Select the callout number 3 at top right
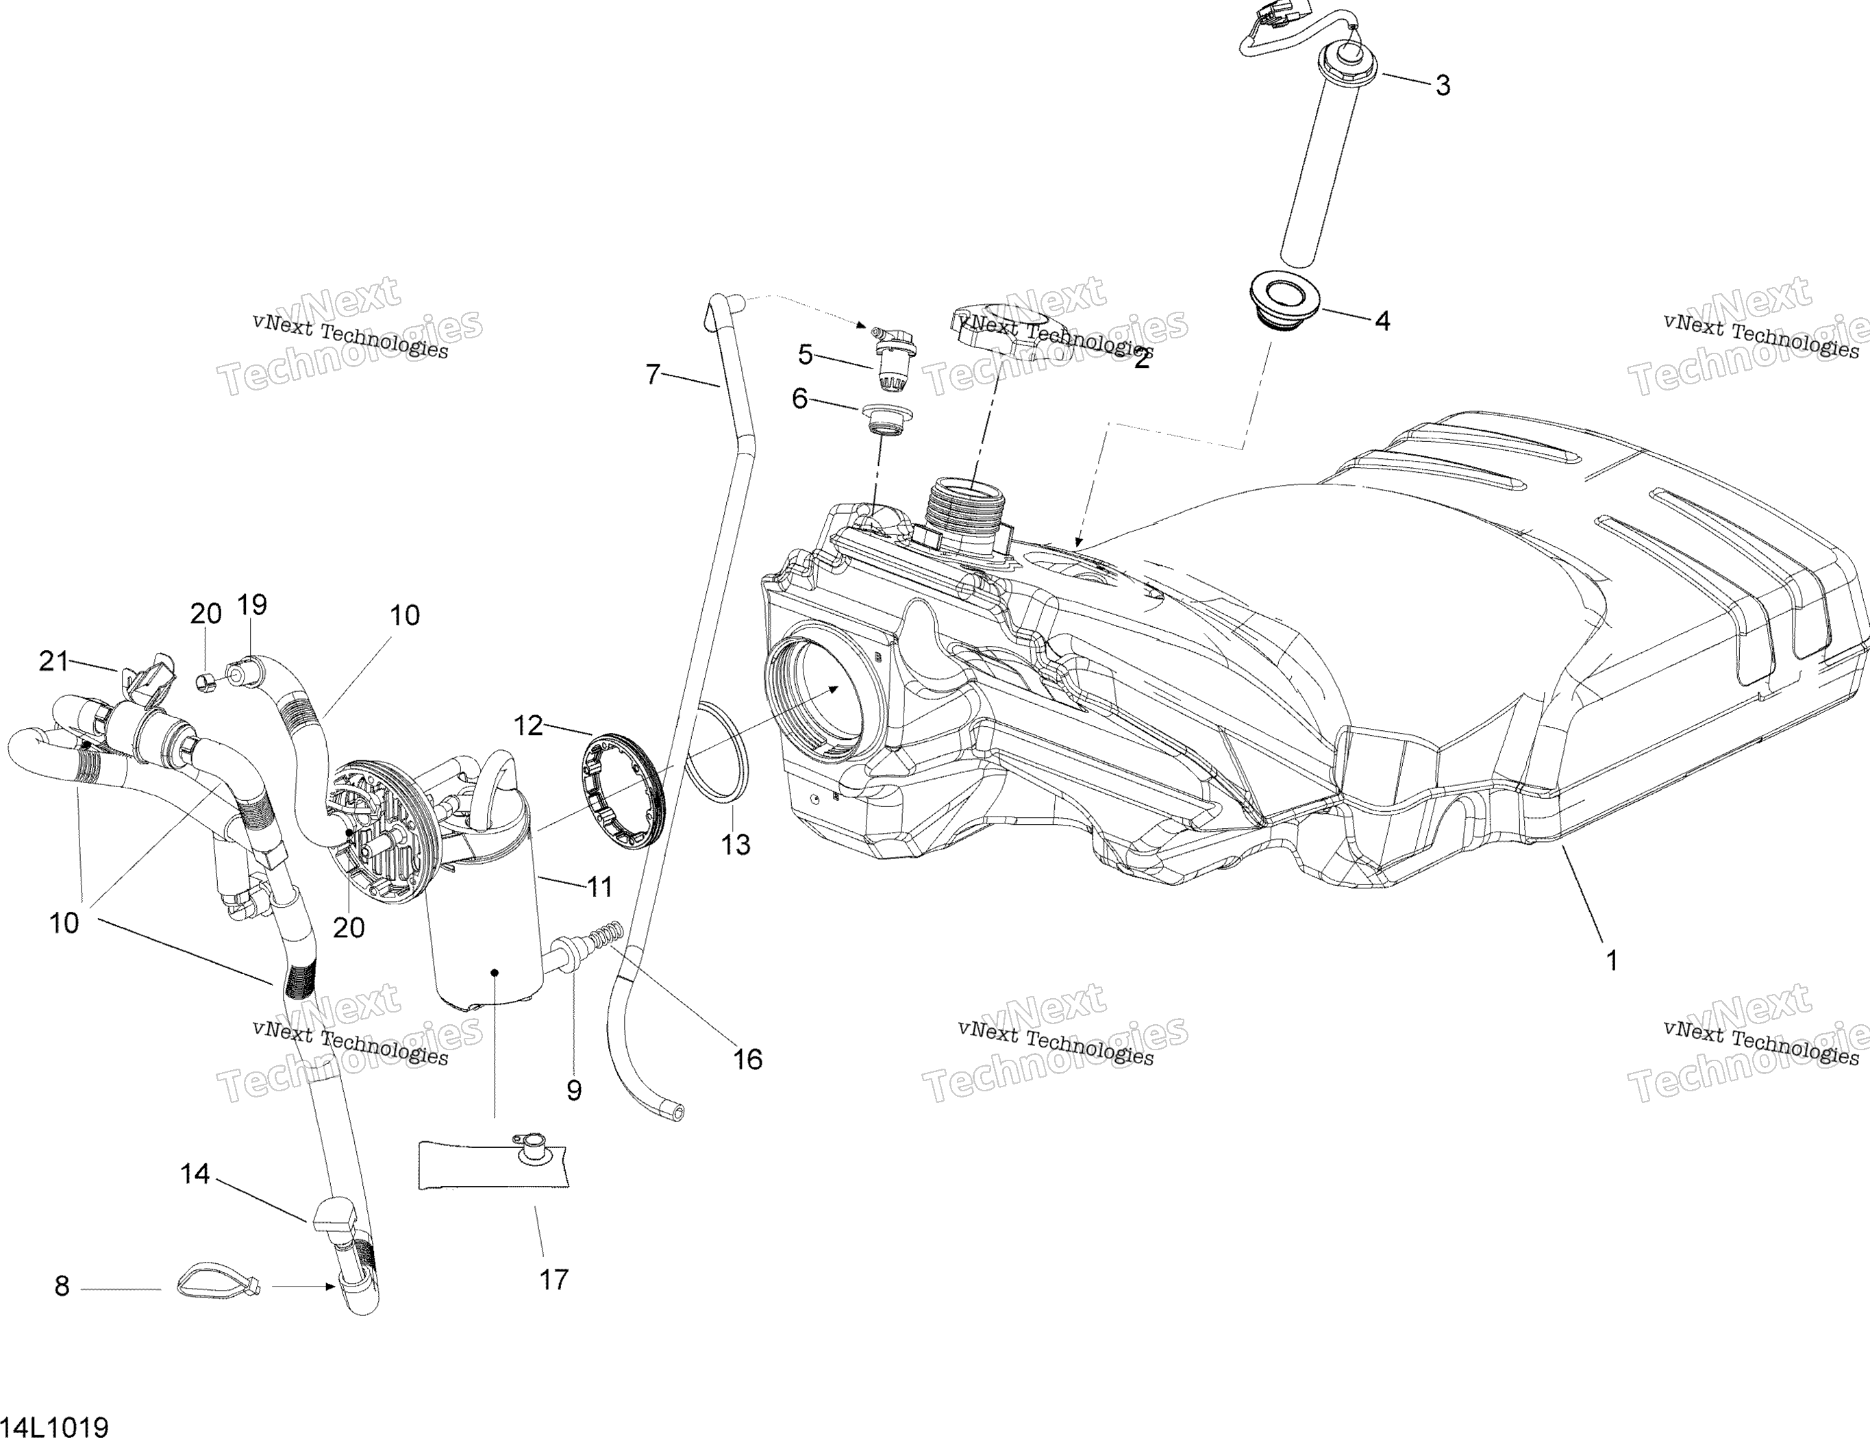pyautogui.click(x=1443, y=86)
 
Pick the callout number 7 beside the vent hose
pyautogui.click(x=653, y=374)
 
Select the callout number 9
pyautogui.click(x=574, y=1090)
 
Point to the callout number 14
pyautogui.click(x=195, y=1173)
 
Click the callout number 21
pyautogui.click(x=54, y=661)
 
